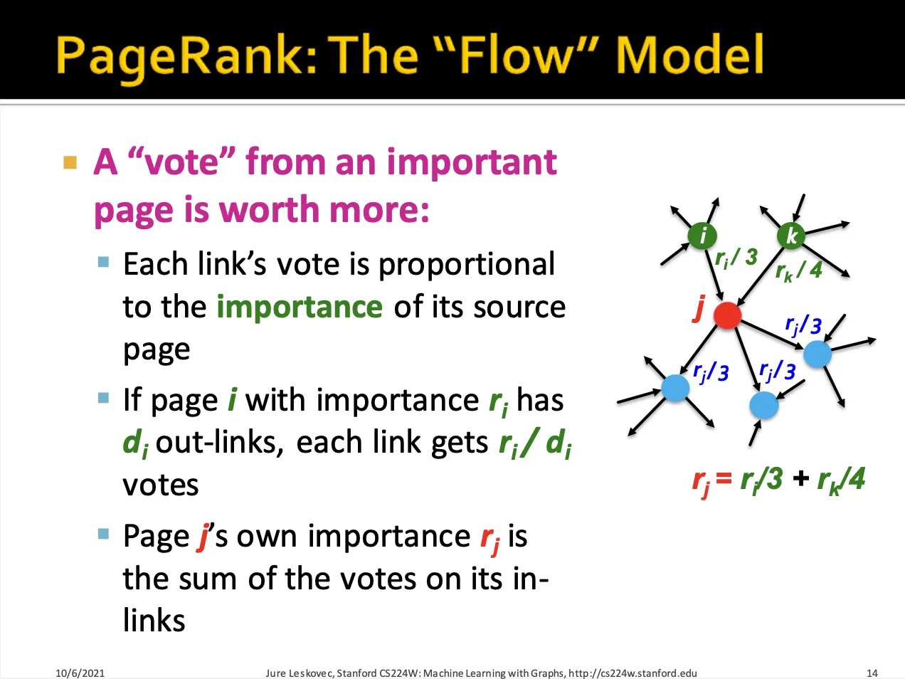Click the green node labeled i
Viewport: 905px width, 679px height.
tap(702, 236)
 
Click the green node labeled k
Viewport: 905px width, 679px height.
tap(791, 236)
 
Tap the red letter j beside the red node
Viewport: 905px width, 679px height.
tap(700, 308)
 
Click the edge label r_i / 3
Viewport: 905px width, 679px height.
tap(736, 258)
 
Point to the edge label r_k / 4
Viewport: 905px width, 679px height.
tap(799, 270)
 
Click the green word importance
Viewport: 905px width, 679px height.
tap(300, 307)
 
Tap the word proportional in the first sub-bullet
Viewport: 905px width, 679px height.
tap(467, 264)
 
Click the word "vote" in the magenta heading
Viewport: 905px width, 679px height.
tap(181, 162)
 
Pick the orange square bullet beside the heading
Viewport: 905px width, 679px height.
tap(70, 162)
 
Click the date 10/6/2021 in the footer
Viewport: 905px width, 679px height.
tap(80, 673)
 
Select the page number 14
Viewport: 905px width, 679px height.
tap(872, 673)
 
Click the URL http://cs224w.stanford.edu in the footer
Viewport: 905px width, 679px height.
tap(633, 673)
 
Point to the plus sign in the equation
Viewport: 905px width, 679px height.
tap(800, 478)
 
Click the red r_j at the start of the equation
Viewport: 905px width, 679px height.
tap(701, 480)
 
